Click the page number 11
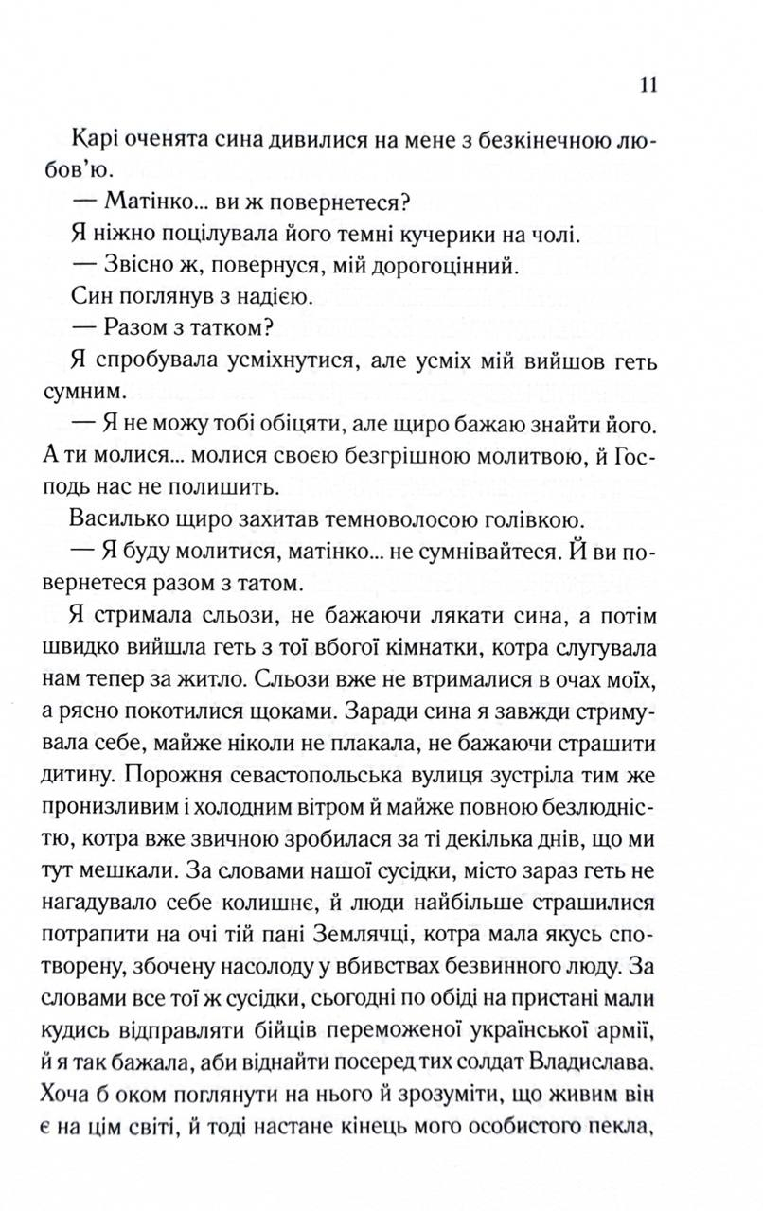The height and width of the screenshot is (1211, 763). (x=648, y=84)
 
